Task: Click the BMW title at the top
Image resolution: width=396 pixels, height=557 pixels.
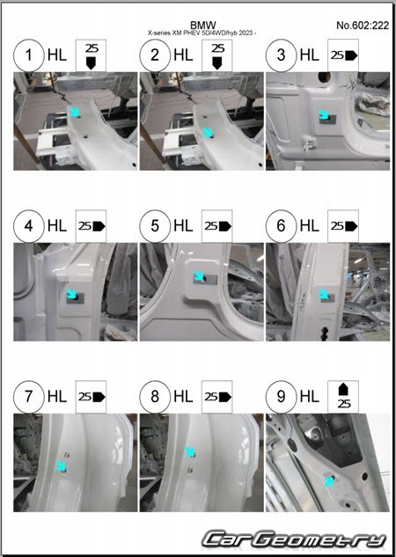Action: point(202,26)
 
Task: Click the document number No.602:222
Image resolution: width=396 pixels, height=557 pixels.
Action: point(363,26)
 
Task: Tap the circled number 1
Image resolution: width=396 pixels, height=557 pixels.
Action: point(29,55)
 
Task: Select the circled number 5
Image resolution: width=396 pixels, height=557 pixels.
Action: point(155,226)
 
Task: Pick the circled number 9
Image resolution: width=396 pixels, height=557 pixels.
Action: point(281,397)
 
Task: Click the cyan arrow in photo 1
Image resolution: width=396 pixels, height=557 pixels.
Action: point(74,111)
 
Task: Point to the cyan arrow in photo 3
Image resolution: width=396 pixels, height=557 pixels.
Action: point(324,115)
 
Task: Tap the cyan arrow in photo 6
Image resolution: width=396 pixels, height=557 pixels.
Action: point(324,294)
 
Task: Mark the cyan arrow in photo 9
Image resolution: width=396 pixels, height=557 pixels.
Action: point(329,481)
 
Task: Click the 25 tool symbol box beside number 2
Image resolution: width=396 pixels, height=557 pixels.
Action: point(217,55)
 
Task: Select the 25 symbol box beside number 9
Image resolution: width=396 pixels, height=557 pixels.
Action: point(343,397)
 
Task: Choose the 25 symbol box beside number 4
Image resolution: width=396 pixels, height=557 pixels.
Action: point(91,226)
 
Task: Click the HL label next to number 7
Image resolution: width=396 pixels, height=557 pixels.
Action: point(57,397)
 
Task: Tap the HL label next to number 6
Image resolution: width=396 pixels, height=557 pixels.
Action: point(310,226)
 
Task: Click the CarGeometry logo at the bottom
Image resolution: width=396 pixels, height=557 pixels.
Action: point(294,539)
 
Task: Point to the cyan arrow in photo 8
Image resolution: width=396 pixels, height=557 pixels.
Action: point(190,452)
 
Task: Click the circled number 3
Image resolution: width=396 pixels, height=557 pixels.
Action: point(281,55)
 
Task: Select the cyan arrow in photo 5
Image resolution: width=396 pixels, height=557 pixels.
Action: point(199,276)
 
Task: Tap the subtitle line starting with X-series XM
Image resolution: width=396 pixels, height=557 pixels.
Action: point(202,33)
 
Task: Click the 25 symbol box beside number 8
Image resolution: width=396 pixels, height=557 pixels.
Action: point(217,397)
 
